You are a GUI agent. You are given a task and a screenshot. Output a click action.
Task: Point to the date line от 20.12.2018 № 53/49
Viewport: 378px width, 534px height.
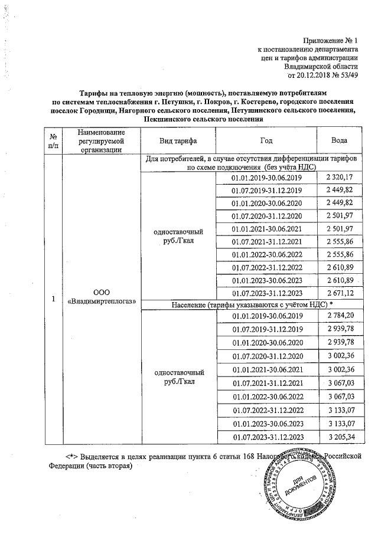[322, 75]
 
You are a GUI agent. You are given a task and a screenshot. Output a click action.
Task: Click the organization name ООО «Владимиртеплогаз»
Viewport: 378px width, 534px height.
[102, 297]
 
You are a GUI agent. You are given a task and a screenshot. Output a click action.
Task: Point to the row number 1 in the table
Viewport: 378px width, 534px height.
[53, 299]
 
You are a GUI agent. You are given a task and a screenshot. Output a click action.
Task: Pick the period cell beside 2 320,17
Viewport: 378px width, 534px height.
[267, 178]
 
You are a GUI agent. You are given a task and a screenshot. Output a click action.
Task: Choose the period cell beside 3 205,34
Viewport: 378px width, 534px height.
[267, 436]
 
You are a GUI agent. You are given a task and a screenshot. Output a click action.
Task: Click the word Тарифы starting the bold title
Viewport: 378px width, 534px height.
[96, 93]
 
